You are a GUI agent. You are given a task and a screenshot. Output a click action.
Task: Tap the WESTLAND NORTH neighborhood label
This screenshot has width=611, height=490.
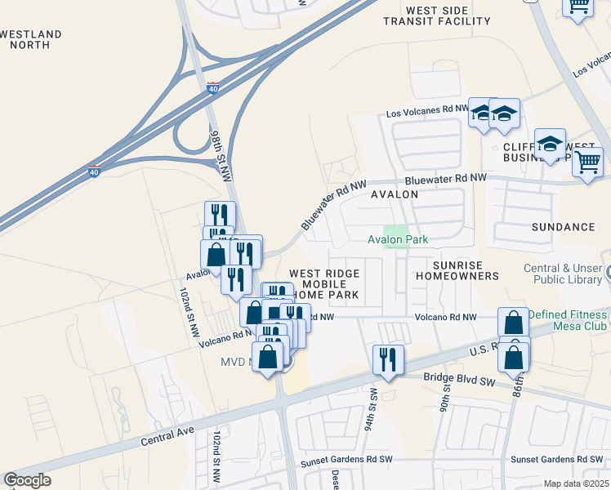pos(31,39)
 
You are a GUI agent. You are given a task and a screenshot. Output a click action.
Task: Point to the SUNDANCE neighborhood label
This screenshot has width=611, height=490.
pos(563,226)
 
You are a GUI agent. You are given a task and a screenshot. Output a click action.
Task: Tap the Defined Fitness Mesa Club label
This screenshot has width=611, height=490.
pos(569,319)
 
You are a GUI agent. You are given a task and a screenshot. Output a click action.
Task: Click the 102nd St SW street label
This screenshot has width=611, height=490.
pos(217,457)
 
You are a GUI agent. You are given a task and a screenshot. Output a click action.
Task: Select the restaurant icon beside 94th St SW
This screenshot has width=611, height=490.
pos(386,360)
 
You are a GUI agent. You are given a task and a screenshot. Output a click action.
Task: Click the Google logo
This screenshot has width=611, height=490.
pos(27,480)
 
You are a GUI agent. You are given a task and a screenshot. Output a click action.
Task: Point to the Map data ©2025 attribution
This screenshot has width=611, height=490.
pos(576,483)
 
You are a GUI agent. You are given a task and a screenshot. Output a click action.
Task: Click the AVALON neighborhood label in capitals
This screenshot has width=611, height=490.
pos(395,194)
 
